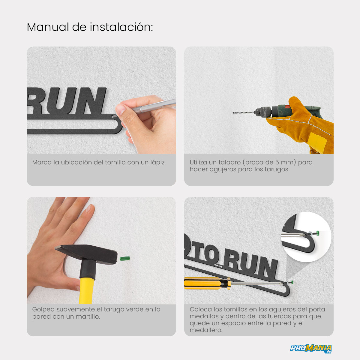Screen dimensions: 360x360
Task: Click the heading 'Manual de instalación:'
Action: [90, 27]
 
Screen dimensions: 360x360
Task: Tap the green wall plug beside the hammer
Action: [124, 259]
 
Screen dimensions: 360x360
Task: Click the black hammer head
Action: [86, 254]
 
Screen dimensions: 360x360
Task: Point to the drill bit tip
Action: [233, 113]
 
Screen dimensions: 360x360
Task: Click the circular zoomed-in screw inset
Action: [306, 237]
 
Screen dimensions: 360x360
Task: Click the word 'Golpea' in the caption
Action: [43, 310]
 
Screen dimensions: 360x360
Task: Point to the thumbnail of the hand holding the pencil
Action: [101, 100]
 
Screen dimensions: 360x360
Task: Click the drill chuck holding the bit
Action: [262, 112]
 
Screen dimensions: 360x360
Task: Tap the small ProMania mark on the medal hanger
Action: [218, 265]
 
